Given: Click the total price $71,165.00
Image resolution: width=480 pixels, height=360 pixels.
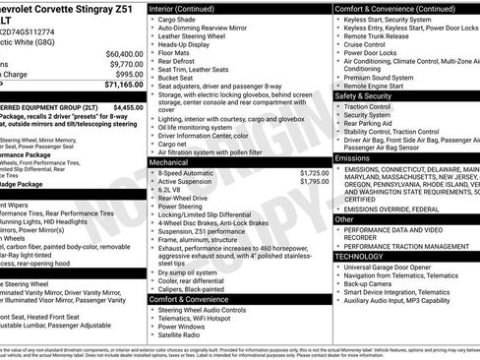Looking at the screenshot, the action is [118, 87].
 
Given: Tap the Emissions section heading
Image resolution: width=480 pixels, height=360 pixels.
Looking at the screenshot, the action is [353, 157].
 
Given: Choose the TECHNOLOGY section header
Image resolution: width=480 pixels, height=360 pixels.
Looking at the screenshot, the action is [360, 256].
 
